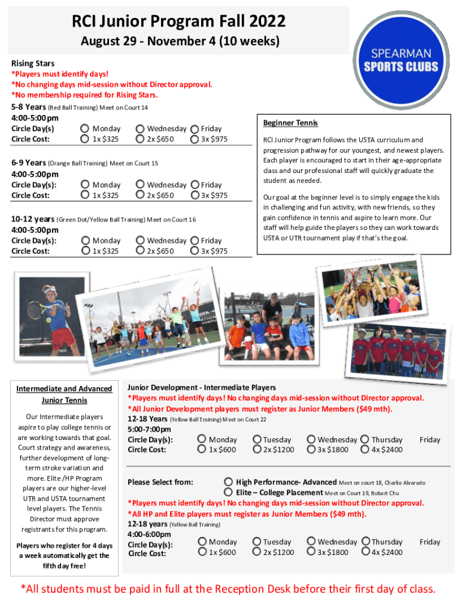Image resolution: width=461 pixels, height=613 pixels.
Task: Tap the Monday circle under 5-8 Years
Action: (x=85, y=128)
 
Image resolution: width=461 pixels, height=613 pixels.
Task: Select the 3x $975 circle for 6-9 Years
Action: (x=194, y=195)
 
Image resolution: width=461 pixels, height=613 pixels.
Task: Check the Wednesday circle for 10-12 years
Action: (x=140, y=241)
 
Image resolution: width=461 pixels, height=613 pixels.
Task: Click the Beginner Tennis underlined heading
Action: (x=290, y=123)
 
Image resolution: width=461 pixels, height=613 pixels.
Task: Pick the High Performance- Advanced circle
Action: (x=228, y=482)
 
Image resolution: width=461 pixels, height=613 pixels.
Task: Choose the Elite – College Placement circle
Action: (x=228, y=492)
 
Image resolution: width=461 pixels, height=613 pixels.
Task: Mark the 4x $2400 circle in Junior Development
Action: (x=365, y=450)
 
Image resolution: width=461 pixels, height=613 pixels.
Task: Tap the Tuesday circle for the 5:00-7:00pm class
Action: (x=257, y=439)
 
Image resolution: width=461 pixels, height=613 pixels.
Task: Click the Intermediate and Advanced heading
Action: (x=64, y=389)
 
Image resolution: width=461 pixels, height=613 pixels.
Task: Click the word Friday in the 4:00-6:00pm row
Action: (x=430, y=542)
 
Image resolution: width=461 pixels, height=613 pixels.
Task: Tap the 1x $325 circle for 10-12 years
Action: (x=85, y=251)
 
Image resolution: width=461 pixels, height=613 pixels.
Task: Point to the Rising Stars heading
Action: (x=33, y=63)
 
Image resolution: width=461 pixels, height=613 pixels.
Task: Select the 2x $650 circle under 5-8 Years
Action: (x=140, y=139)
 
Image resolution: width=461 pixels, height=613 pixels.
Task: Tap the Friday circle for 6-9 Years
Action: (x=194, y=184)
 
